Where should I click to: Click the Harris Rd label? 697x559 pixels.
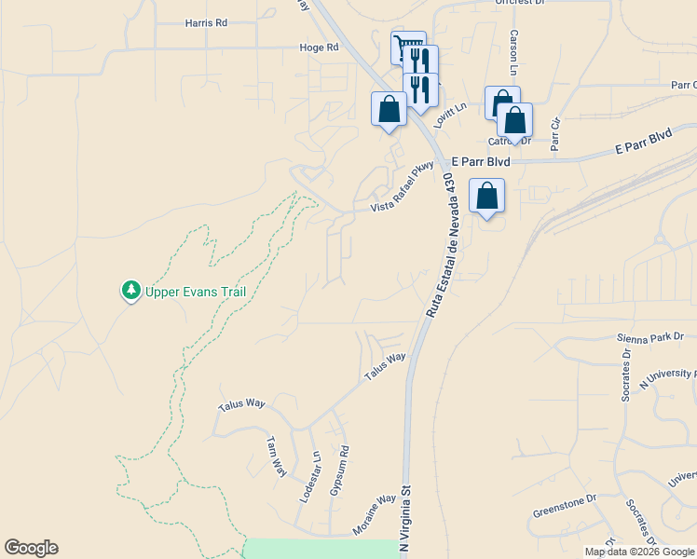(x=206, y=22)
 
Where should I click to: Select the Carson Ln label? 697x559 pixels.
(x=513, y=52)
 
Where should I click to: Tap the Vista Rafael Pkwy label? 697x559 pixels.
(x=403, y=189)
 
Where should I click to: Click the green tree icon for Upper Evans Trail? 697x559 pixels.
(x=131, y=292)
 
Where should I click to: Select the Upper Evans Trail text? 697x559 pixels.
(x=196, y=292)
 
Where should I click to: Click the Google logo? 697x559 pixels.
(x=31, y=548)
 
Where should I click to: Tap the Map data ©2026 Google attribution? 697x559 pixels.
(x=638, y=552)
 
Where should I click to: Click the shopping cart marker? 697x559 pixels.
(x=406, y=47)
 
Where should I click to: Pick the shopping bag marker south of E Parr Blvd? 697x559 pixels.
(x=486, y=196)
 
